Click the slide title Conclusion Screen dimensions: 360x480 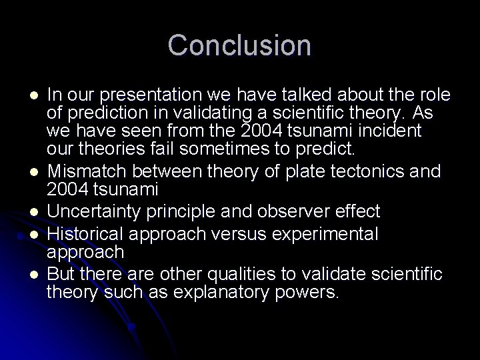[x=239, y=45]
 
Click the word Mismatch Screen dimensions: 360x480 [x=80, y=171]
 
